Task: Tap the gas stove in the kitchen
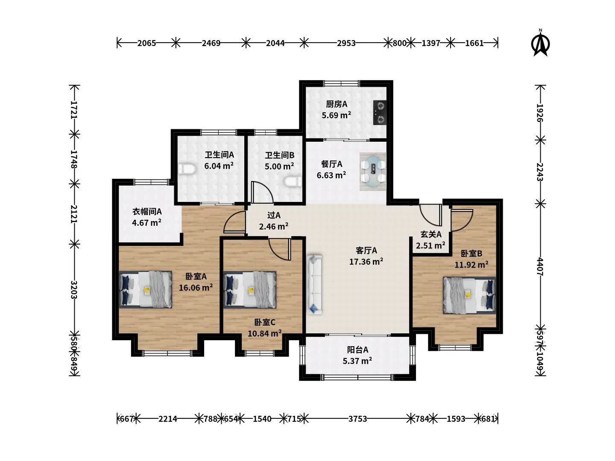point(380,113)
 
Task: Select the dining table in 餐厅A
point(373,172)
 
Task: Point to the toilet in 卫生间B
point(293,182)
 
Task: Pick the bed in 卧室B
point(469,295)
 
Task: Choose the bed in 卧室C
point(250,289)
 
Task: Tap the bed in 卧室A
point(146,289)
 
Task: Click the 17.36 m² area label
point(366,261)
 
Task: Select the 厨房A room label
point(337,104)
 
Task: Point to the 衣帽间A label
point(147,212)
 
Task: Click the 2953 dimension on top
point(346,43)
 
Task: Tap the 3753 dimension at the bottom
point(357,419)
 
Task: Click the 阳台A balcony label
point(357,350)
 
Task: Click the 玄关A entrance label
point(430,234)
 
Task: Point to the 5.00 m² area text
point(279,166)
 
